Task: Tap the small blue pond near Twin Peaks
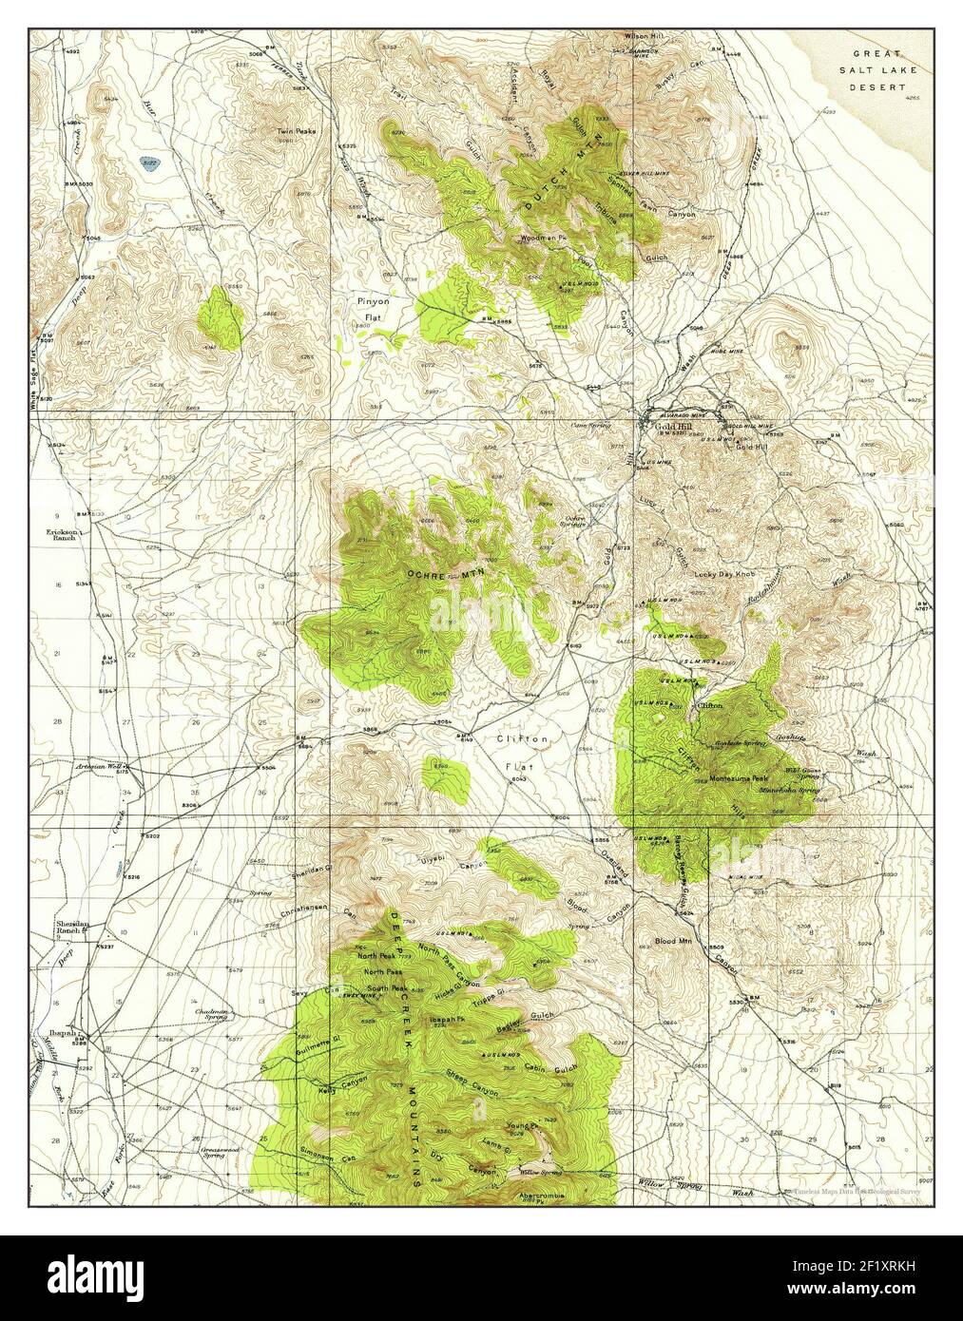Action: pyautogui.click(x=147, y=163)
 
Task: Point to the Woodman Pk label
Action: pyautogui.click(x=542, y=239)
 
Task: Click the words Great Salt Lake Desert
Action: pyautogui.click(x=877, y=69)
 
